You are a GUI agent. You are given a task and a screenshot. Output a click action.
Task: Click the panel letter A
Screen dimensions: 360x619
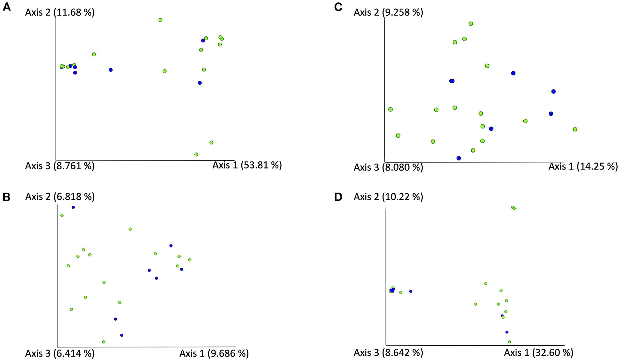pos(6,7)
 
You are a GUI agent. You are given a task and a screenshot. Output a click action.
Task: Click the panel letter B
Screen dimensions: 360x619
pos(6,197)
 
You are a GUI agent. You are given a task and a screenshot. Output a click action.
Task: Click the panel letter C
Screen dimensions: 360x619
pos(338,7)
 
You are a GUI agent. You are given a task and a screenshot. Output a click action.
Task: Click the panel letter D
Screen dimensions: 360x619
pos(338,197)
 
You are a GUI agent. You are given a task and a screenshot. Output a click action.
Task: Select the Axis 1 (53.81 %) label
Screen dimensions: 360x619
pos(247,165)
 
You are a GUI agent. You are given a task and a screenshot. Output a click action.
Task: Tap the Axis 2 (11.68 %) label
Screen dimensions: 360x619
pos(60,13)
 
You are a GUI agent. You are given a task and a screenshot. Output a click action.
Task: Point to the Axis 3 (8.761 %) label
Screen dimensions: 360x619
pos(60,166)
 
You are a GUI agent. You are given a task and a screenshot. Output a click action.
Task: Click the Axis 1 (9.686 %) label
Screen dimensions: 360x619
pos(214,353)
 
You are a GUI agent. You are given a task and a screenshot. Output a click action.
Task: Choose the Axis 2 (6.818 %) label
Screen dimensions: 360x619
pos(60,197)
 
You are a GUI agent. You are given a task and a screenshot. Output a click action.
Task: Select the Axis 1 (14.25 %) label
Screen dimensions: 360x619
pos(583,166)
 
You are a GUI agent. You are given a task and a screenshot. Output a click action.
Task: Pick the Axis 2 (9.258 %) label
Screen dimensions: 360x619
pos(388,13)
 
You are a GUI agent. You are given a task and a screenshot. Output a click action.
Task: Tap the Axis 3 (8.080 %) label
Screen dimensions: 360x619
pos(388,167)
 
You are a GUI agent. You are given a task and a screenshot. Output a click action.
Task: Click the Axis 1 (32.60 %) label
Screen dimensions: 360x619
pos(539,352)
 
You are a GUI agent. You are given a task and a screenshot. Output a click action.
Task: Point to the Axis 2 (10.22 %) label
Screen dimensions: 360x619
pos(388,197)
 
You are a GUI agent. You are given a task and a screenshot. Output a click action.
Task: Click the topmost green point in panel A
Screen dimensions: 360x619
pos(160,20)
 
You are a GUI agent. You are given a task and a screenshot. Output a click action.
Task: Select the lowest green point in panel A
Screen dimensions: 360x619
pos(196,154)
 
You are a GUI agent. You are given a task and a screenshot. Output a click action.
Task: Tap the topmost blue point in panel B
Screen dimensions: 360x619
pos(73,207)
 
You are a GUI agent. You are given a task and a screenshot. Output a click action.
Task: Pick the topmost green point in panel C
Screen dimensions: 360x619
pos(471,24)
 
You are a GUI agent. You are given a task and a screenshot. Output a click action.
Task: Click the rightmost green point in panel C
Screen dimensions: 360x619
pos(575,129)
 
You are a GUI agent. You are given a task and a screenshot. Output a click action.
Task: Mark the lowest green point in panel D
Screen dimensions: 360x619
pos(509,342)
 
